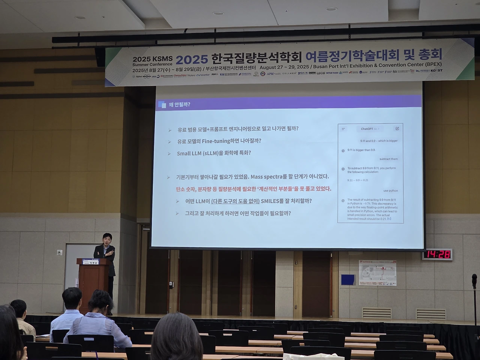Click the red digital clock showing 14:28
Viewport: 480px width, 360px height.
click(x=438, y=255)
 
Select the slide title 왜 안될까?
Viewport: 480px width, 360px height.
click(x=179, y=104)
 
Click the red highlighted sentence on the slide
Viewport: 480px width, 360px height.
click(x=253, y=189)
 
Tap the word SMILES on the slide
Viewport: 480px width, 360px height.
click(x=275, y=201)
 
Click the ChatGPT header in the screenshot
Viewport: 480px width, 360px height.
click(x=367, y=129)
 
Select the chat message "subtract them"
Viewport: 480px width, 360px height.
click(x=388, y=159)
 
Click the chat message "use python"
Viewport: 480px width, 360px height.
click(x=390, y=190)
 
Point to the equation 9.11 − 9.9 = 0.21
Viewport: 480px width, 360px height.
click(x=358, y=180)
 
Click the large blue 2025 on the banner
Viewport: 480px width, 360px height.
click(x=192, y=59)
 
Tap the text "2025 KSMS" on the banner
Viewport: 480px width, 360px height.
click(x=152, y=59)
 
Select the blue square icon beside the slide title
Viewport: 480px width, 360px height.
click(x=162, y=105)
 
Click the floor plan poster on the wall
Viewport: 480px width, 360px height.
click(x=377, y=272)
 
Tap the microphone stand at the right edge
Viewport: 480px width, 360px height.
click(x=475, y=300)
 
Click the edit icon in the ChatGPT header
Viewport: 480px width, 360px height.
click(x=397, y=129)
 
